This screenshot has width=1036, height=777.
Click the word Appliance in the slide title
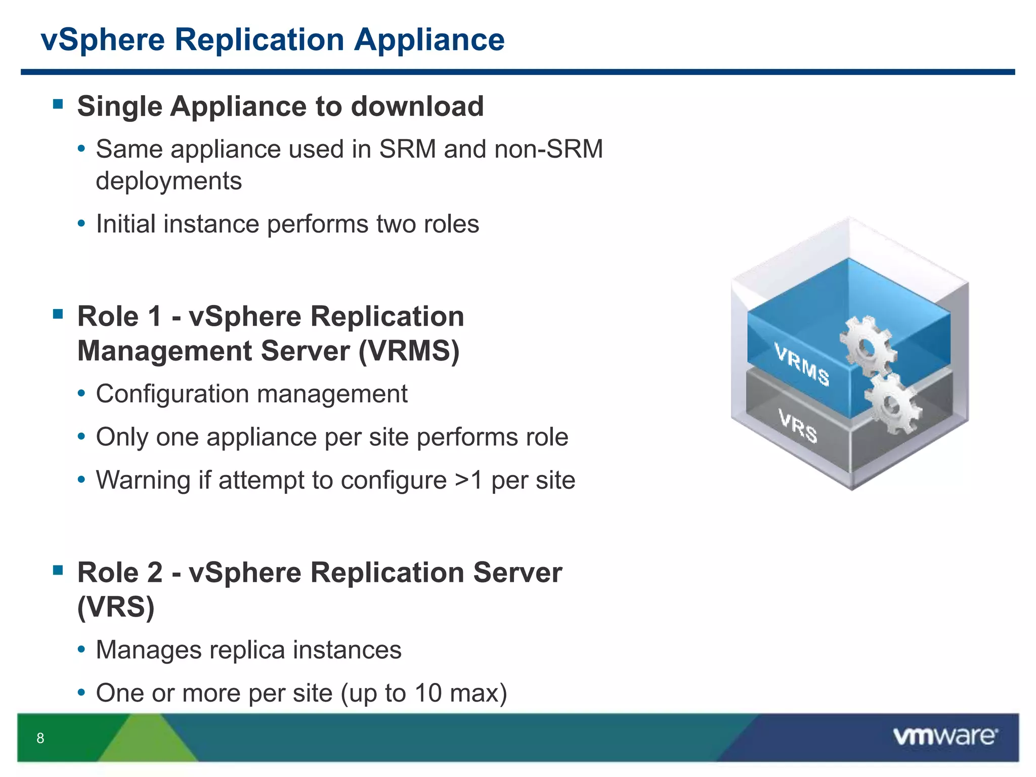tap(429, 40)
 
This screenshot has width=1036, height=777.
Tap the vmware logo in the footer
tap(945, 736)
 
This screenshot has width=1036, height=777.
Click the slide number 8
tap(40, 738)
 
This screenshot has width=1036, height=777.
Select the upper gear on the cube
tap(866, 346)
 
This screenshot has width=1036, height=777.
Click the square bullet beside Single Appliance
tap(58, 105)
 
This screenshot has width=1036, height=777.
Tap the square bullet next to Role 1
tap(58, 314)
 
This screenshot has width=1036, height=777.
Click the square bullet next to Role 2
tap(58, 571)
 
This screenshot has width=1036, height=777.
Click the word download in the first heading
tap(417, 107)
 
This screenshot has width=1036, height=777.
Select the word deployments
tap(169, 181)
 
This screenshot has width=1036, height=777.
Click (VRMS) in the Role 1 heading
tap(409, 351)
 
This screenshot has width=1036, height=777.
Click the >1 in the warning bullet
tap(468, 480)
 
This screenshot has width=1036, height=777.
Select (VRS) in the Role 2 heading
tap(116, 607)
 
